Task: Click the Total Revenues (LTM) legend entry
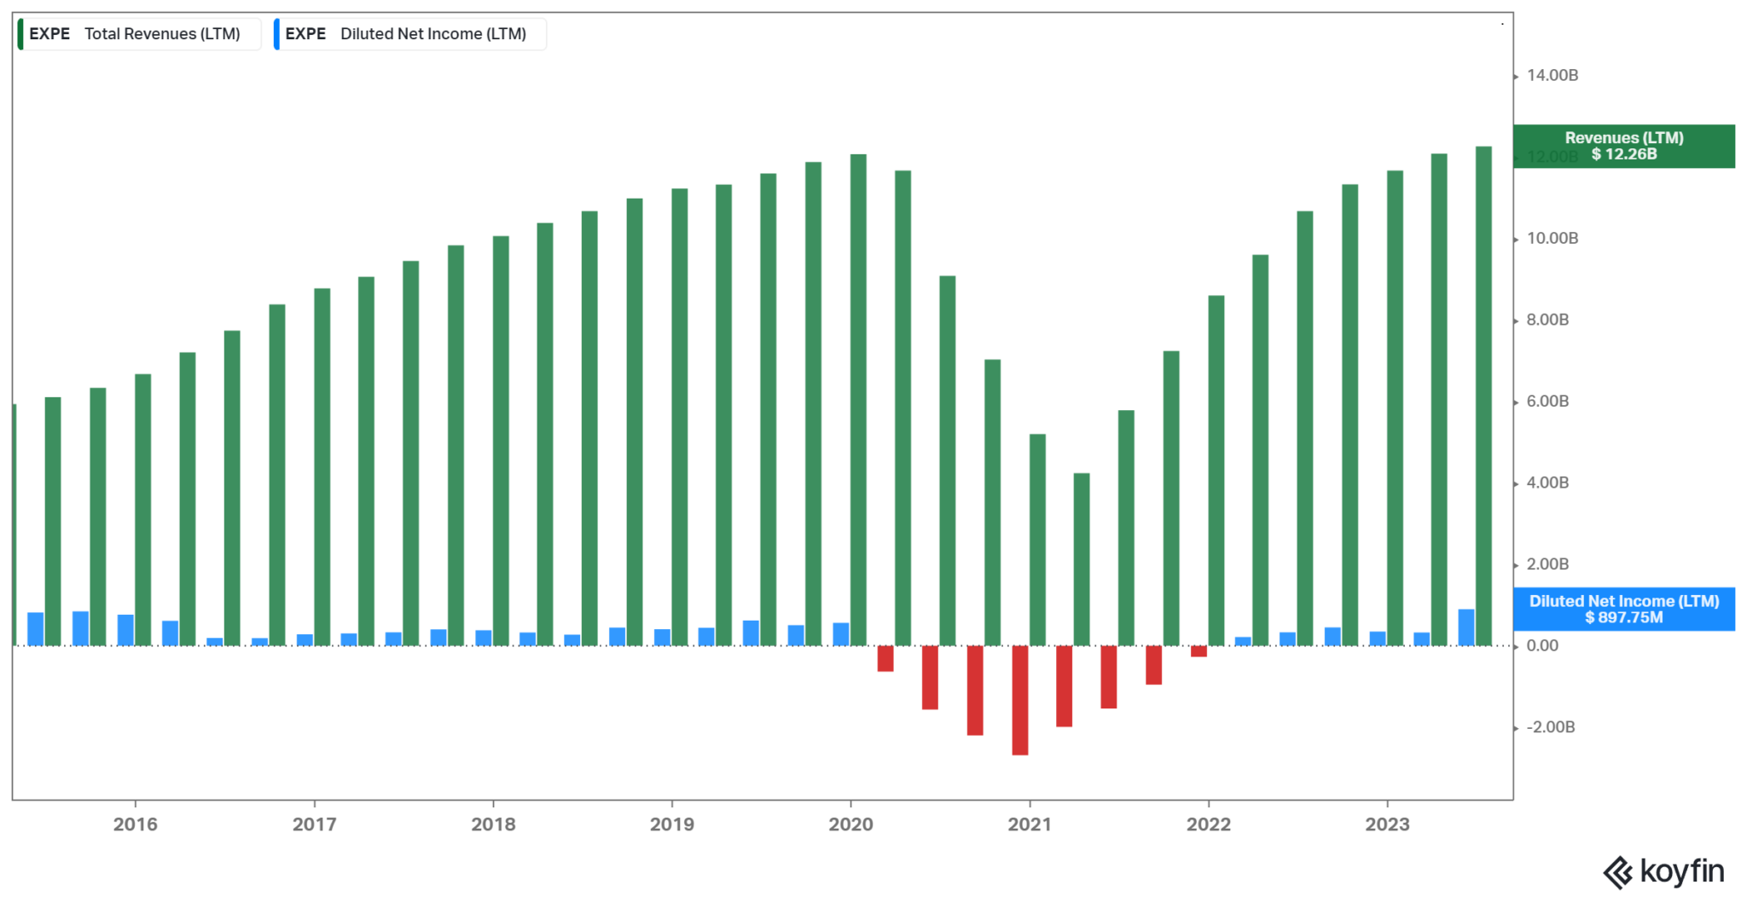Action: click(139, 34)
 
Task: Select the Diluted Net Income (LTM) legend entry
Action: click(410, 34)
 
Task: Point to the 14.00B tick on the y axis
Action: click(1552, 76)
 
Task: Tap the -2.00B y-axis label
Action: click(1550, 727)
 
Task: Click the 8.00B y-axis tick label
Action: click(1547, 320)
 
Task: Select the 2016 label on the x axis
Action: click(136, 824)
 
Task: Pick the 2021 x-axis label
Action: click(1030, 824)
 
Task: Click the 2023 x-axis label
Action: click(1387, 824)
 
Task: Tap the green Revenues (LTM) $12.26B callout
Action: click(1623, 146)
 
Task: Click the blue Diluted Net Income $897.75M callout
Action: click(1623, 610)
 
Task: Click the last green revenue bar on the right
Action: click(1483, 396)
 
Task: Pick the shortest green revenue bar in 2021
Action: click(1082, 559)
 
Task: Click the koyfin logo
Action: click(1663, 871)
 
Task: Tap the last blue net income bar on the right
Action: click(1466, 627)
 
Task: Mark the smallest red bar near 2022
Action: click(1199, 651)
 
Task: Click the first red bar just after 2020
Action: click(885, 658)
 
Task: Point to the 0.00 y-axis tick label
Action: click(1542, 645)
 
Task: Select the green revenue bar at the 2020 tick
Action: click(858, 401)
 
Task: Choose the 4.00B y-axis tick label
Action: click(1547, 483)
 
